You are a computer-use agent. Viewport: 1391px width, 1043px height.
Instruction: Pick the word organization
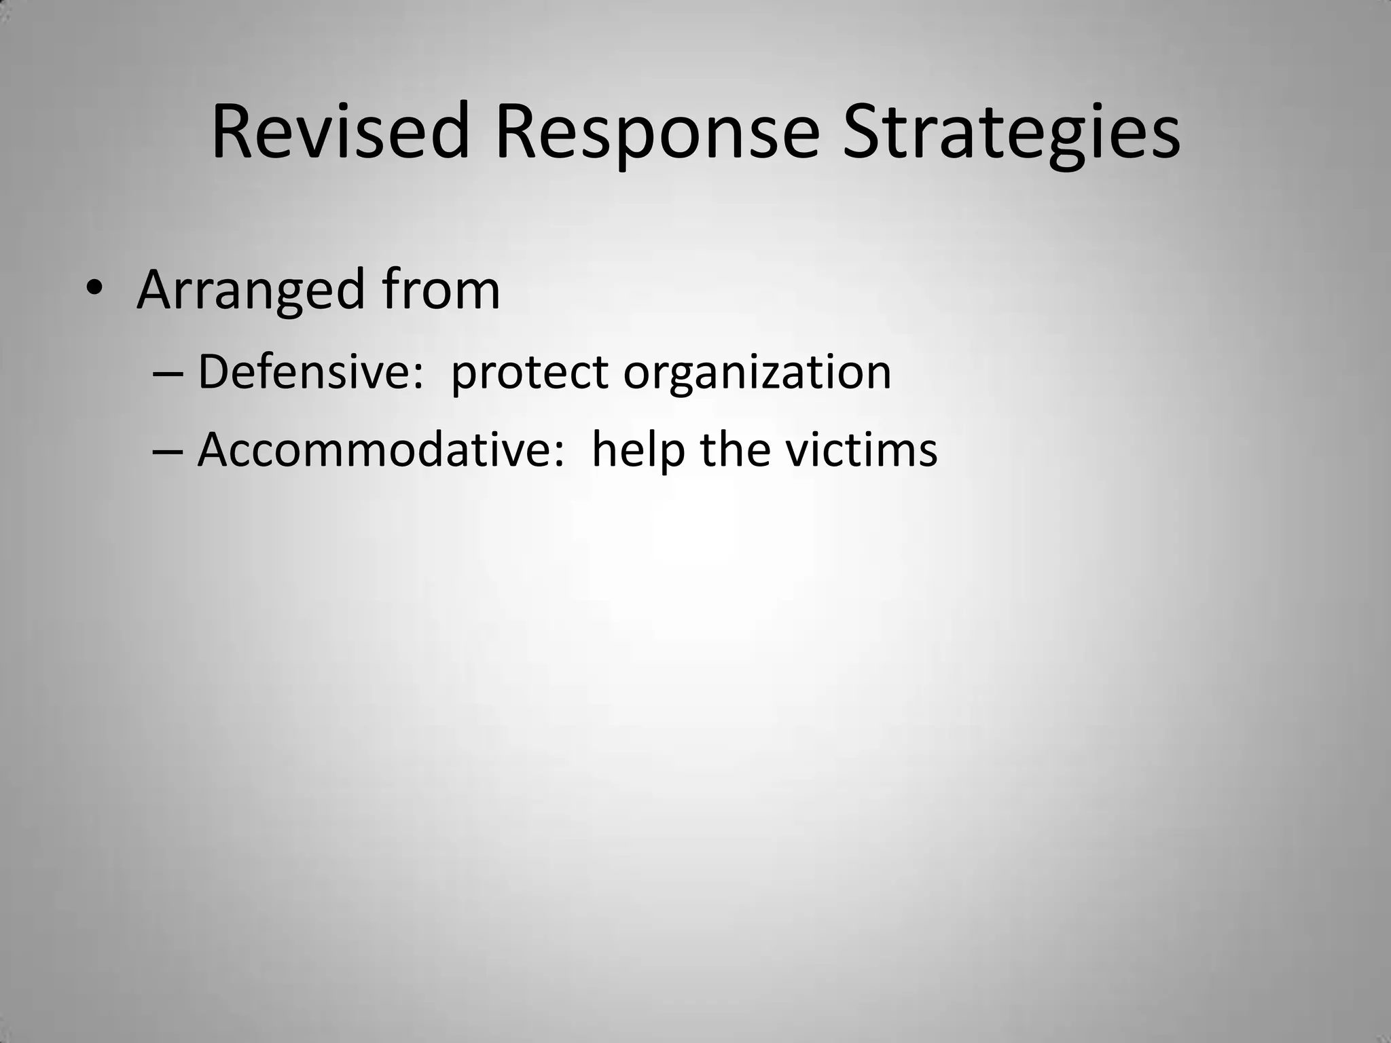tap(757, 373)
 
